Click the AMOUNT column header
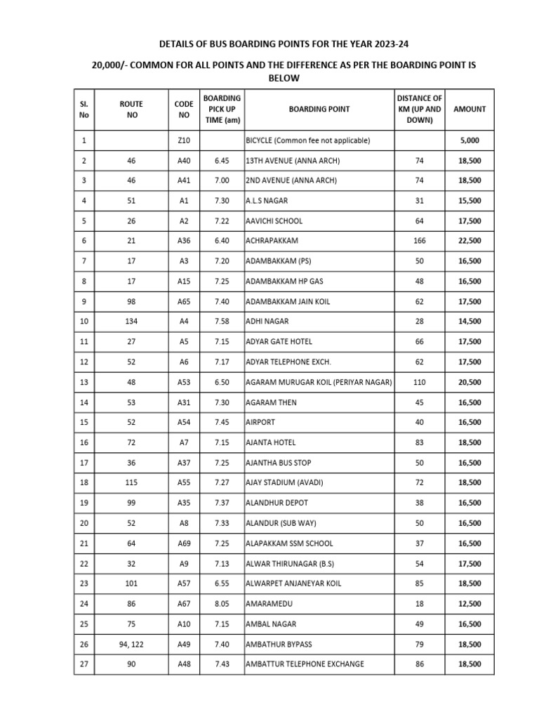click(470, 109)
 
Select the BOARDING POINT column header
click(319, 109)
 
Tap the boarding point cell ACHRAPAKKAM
click(272, 241)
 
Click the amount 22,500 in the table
click(470, 241)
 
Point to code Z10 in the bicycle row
click(184, 140)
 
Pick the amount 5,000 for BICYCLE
click(470, 140)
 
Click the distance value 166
click(420, 241)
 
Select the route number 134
click(132, 322)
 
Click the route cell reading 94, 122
click(132, 644)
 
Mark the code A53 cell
click(184, 382)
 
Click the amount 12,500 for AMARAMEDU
click(470, 604)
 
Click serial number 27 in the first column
click(84, 664)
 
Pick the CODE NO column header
click(184, 109)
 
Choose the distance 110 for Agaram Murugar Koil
click(420, 382)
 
